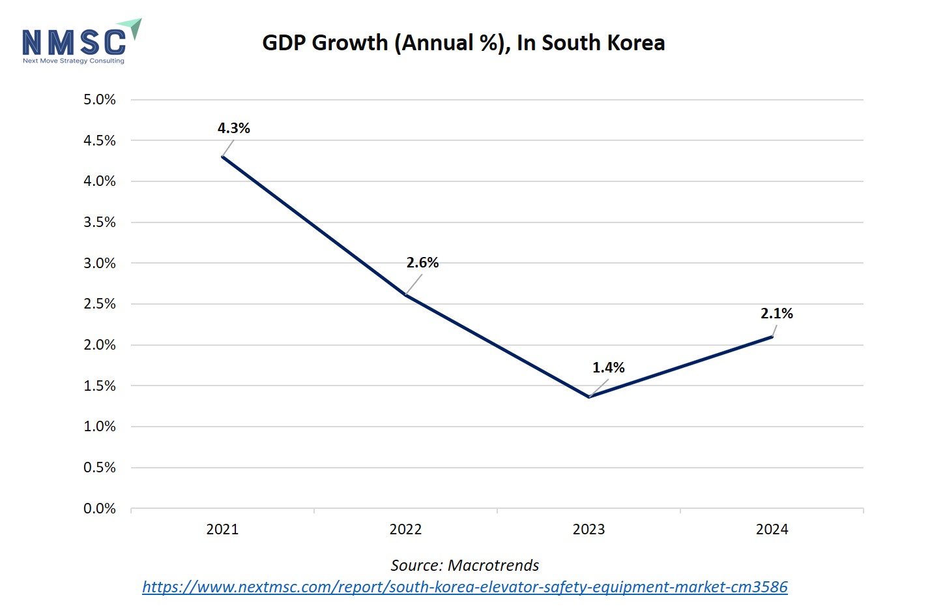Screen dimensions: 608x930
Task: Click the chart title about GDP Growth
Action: point(463,43)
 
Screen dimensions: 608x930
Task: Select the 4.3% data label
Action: point(234,129)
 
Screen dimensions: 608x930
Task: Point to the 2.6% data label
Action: point(422,263)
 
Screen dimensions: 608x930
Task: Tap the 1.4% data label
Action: point(608,368)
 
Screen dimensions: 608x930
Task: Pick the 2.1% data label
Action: point(776,314)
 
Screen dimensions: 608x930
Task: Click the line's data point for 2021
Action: point(223,157)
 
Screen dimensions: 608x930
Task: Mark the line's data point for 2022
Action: point(405,296)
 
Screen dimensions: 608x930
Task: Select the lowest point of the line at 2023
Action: point(589,397)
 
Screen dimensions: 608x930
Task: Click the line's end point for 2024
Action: point(772,337)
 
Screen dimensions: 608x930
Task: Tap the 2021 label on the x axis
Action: point(222,530)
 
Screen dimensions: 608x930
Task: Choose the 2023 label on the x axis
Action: point(589,530)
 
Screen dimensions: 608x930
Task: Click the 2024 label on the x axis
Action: point(772,530)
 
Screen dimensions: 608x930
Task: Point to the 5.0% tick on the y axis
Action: point(100,100)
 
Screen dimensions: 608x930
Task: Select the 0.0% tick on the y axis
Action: point(100,509)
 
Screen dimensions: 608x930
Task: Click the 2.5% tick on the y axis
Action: point(100,304)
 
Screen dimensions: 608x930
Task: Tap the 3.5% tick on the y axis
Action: point(100,222)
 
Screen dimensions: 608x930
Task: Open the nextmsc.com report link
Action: point(465,587)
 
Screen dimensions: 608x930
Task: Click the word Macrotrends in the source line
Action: point(493,566)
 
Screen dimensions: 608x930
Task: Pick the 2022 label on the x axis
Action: point(405,530)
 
